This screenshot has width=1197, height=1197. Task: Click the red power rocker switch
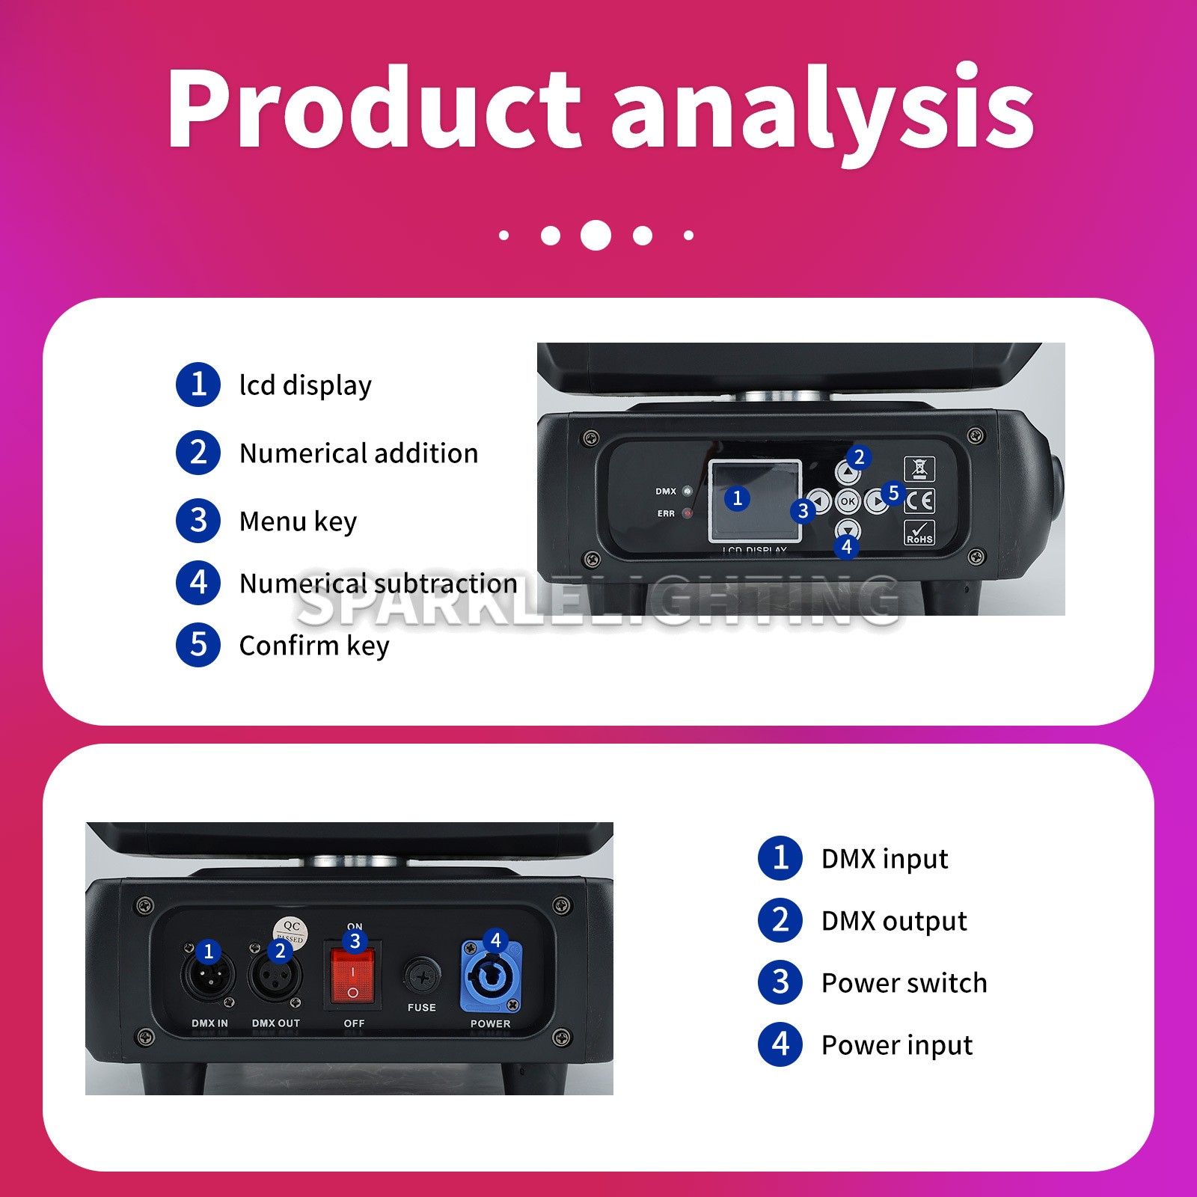[352, 976]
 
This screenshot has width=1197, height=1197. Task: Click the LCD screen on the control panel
[755, 500]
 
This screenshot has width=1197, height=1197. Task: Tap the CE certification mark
[919, 500]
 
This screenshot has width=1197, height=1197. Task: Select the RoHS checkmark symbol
[919, 533]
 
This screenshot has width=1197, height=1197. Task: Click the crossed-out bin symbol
[919, 469]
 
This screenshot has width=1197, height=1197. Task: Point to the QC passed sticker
[290, 930]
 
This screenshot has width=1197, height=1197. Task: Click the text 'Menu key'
[298, 521]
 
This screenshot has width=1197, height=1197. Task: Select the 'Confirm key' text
[314, 646]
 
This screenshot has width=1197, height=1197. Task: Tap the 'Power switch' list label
[904, 983]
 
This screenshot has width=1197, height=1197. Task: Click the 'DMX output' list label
[894, 921]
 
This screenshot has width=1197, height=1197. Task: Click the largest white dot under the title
[596, 235]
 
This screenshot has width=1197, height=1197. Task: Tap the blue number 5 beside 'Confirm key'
[198, 644]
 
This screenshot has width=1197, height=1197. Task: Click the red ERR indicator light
[688, 514]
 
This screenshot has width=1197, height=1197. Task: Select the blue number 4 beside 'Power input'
[780, 1044]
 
